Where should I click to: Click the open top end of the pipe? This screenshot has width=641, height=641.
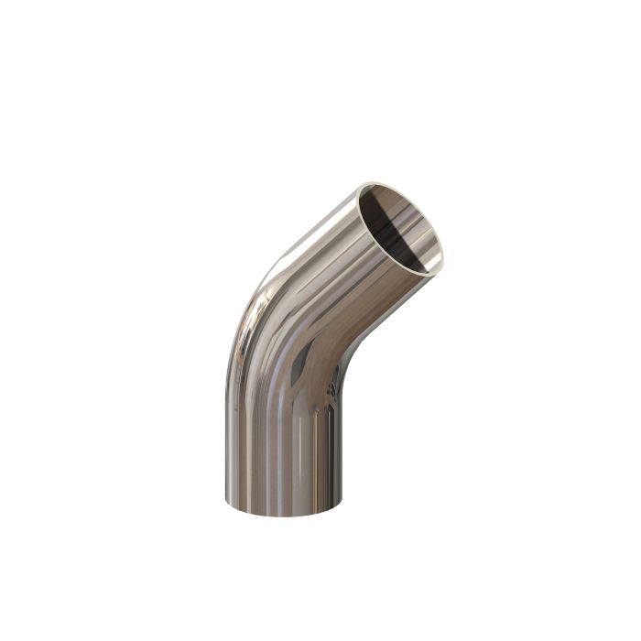[x=400, y=227]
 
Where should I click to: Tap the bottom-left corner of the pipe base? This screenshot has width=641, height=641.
[x=225, y=501]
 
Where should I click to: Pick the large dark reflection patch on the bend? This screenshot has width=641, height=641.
[x=302, y=366]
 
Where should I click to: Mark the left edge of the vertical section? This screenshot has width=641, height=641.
[x=226, y=440]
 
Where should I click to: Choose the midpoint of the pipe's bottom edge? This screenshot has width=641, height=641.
[x=286, y=514]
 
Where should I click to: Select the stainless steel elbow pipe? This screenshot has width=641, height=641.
[x=293, y=366]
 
